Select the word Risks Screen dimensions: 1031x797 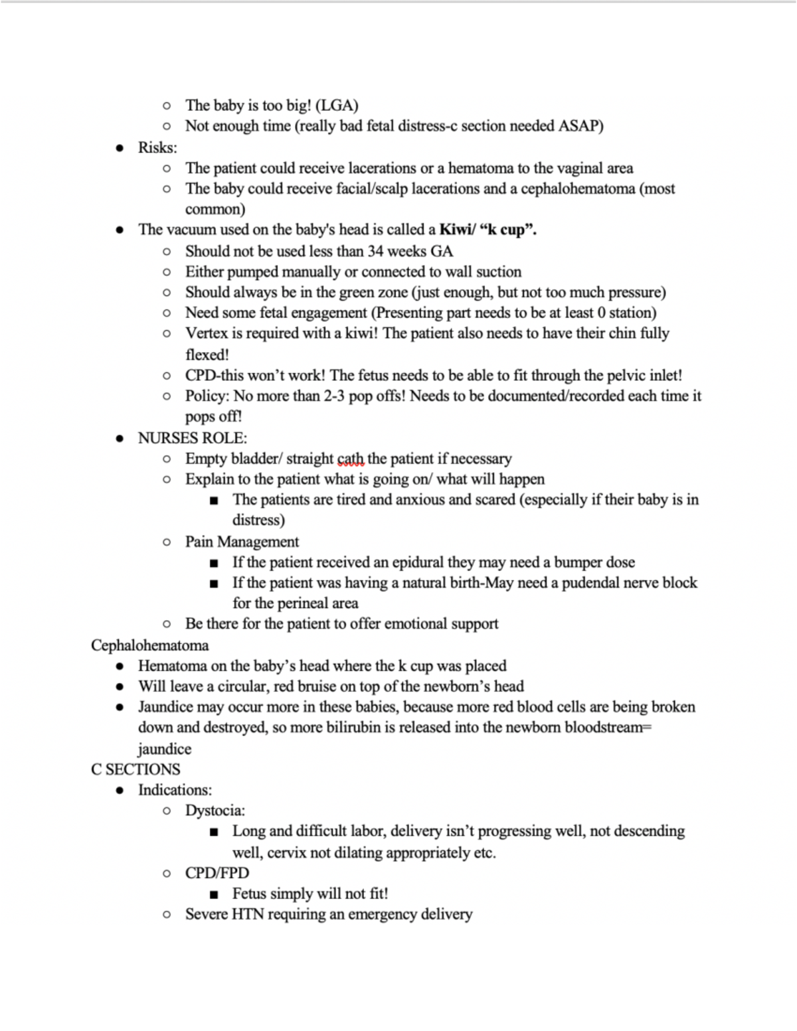pyautogui.click(x=156, y=147)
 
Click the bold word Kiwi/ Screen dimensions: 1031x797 pyautogui.click(x=457, y=230)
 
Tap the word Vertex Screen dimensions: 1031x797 pyautogui.click(x=207, y=333)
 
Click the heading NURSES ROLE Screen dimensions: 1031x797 pyautogui.click(x=192, y=438)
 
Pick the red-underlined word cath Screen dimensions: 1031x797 pyautogui.click(x=350, y=459)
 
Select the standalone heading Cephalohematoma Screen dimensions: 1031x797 pyautogui.click(x=149, y=645)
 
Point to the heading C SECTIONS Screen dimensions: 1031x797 pyautogui.click(x=135, y=769)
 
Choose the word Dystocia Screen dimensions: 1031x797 pyautogui.click(x=214, y=811)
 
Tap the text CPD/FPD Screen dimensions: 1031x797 pyautogui.click(x=217, y=873)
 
